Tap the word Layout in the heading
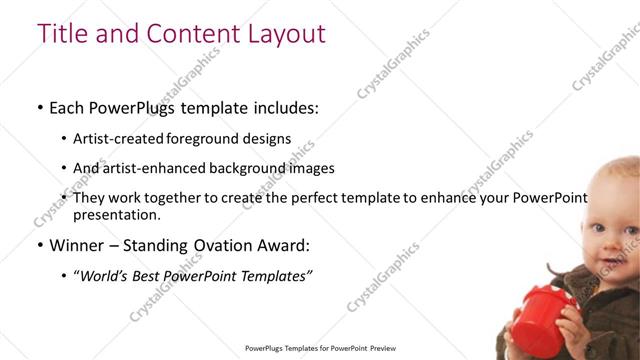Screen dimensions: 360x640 coord(283,33)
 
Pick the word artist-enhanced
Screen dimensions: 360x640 coord(150,168)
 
